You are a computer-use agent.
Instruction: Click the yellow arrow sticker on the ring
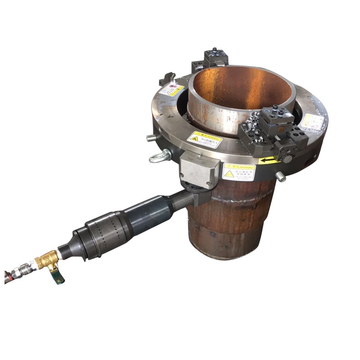tap(267, 160)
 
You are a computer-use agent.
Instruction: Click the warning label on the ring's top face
tap(204, 139)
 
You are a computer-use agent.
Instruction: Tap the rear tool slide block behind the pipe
tap(216, 59)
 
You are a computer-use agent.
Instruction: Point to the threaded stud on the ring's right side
tap(280, 177)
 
